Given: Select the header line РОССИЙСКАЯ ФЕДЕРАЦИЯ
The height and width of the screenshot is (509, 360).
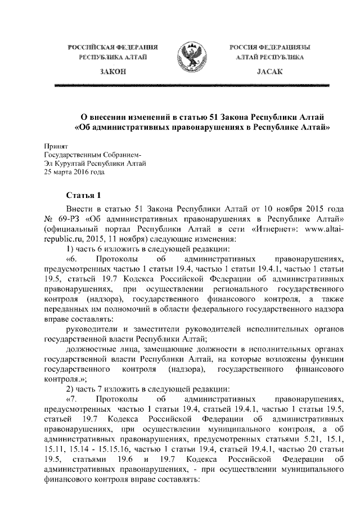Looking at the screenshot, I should [112, 47].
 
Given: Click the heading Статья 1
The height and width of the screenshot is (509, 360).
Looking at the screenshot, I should [83, 196].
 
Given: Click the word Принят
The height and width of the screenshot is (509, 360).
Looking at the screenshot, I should [55, 146].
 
